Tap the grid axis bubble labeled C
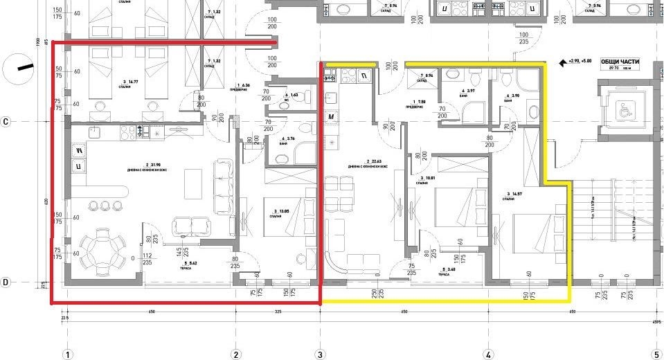[6, 122]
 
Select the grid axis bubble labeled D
[6, 282]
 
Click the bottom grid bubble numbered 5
[656, 354]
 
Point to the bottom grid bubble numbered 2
[236, 354]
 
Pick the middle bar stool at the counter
[105, 205]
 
